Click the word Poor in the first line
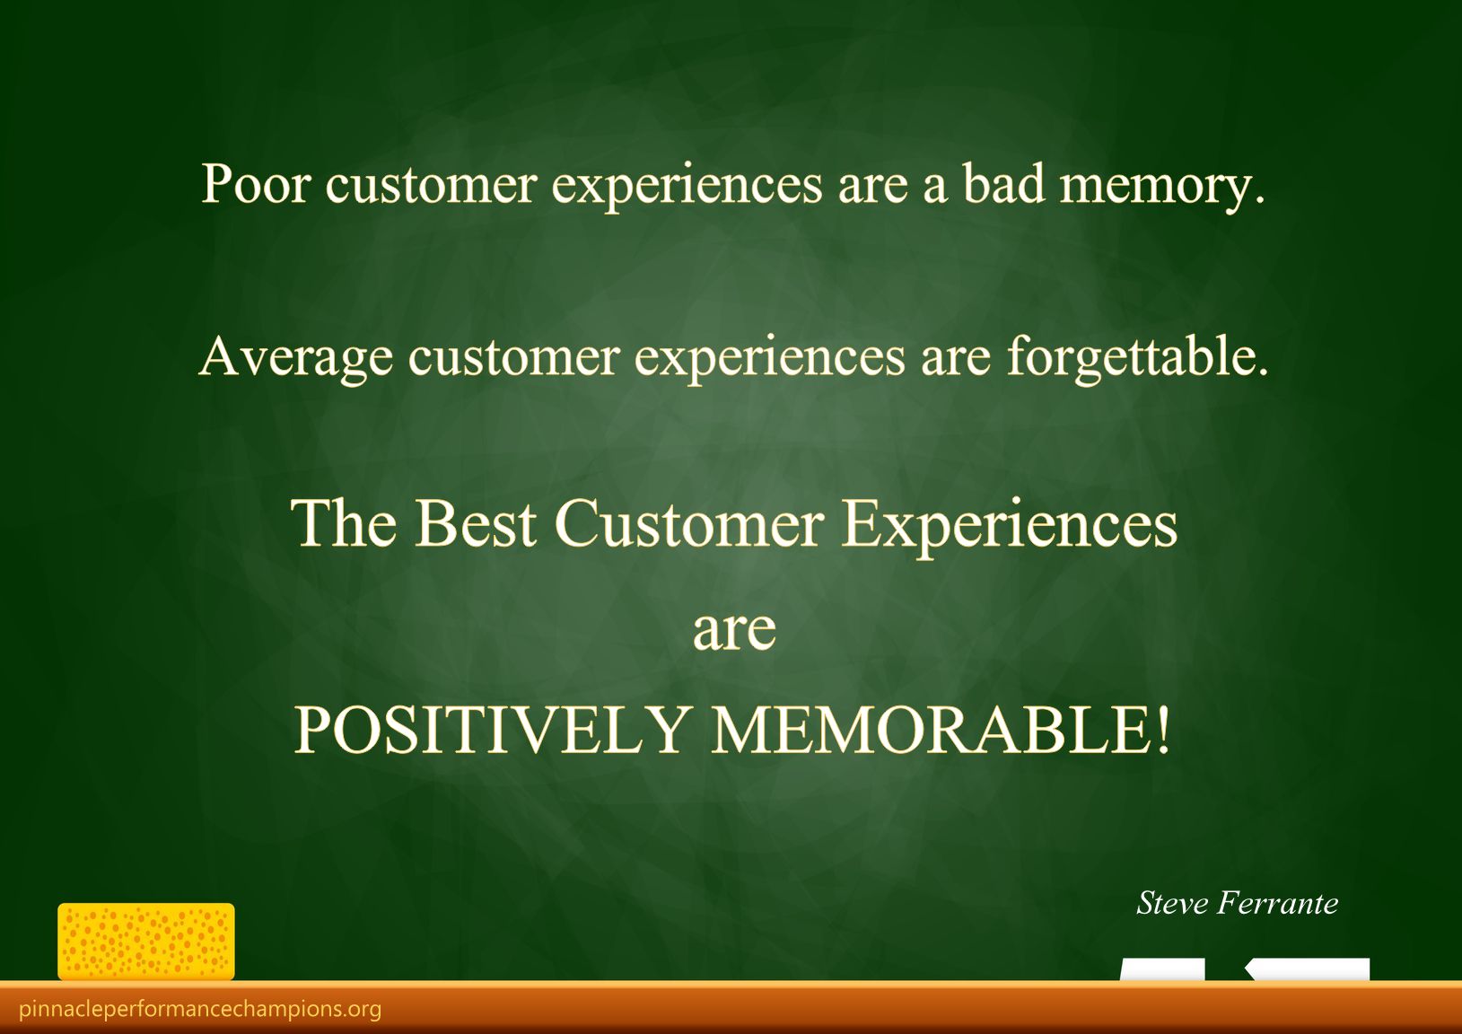(255, 184)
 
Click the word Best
(475, 523)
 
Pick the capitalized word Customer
(689, 523)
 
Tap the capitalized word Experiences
(1009, 529)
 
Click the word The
(344, 522)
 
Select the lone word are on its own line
(734, 631)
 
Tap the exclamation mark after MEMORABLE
(1161, 730)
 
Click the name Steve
(1172, 904)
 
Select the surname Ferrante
(1278, 904)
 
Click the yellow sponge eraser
(146, 942)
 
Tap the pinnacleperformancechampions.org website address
(200, 1009)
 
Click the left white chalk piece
(1162, 969)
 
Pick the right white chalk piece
(1308, 969)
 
